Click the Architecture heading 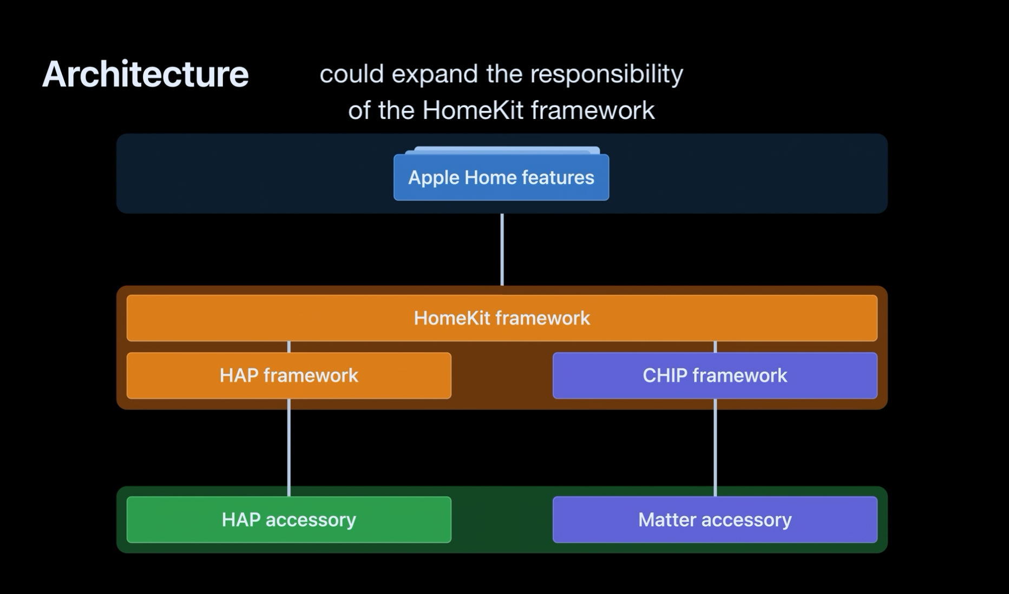(x=145, y=74)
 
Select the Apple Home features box (x=501, y=177)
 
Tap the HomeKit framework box (x=502, y=318)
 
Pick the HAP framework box (x=289, y=375)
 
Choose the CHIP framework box (x=715, y=375)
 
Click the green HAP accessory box (x=289, y=519)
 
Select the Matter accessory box (x=715, y=519)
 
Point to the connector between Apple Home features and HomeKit (x=502, y=249)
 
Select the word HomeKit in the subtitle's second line (x=473, y=110)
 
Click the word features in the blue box (x=560, y=177)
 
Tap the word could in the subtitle (x=351, y=74)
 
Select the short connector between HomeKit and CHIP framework (x=715, y=347)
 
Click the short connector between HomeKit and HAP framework (x=289, y=347)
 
